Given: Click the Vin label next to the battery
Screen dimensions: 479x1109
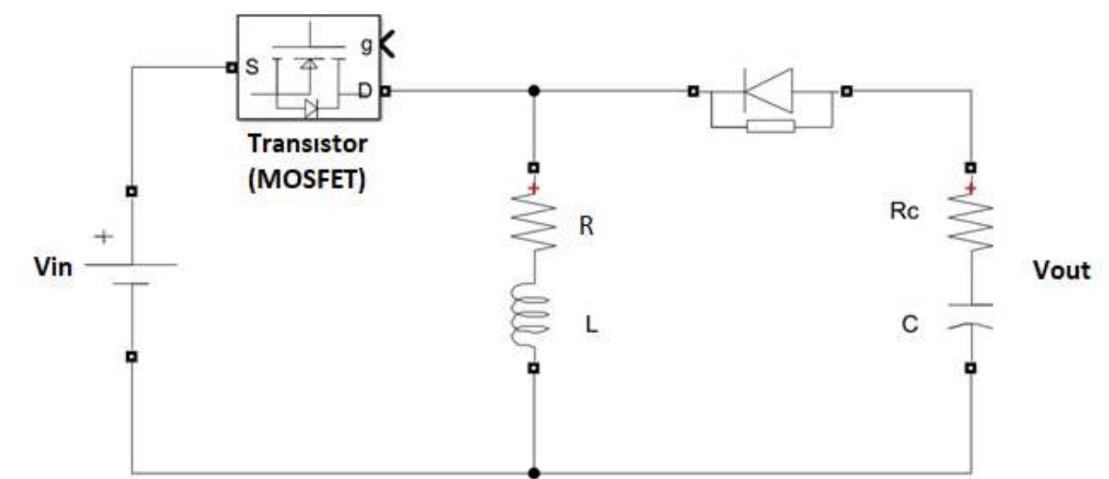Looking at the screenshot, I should click(53, 266).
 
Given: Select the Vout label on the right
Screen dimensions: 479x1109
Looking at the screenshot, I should click(1061, 270).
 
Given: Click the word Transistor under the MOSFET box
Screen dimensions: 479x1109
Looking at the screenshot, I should click(307, 143).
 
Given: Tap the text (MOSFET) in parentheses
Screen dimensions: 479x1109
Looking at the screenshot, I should click(307, 178).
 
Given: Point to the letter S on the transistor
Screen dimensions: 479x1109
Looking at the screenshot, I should click(251, 66).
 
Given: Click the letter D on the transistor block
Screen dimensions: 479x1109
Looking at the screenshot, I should click(364, 90).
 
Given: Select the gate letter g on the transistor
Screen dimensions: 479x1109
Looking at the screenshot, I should click(366, 45).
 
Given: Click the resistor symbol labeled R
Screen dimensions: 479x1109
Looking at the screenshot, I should click(534, 222).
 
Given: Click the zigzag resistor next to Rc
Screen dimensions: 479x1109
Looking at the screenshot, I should click(971, 222).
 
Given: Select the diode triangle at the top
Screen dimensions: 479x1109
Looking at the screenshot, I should click(769, 91).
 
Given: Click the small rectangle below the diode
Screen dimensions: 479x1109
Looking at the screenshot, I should click(771, 126).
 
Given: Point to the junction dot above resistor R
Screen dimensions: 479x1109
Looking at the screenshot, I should click(534, 90).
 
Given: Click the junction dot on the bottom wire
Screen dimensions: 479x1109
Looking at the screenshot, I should click(534, 472).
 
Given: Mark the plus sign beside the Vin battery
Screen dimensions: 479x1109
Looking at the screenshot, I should click(103, 236).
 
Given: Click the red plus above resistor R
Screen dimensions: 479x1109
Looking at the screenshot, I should click(534, 189).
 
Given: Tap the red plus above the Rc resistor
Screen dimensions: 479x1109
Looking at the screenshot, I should click(971, 189).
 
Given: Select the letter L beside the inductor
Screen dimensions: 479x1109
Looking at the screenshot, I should click(591, 324).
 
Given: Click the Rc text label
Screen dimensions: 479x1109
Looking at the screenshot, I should click(904, 211).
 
